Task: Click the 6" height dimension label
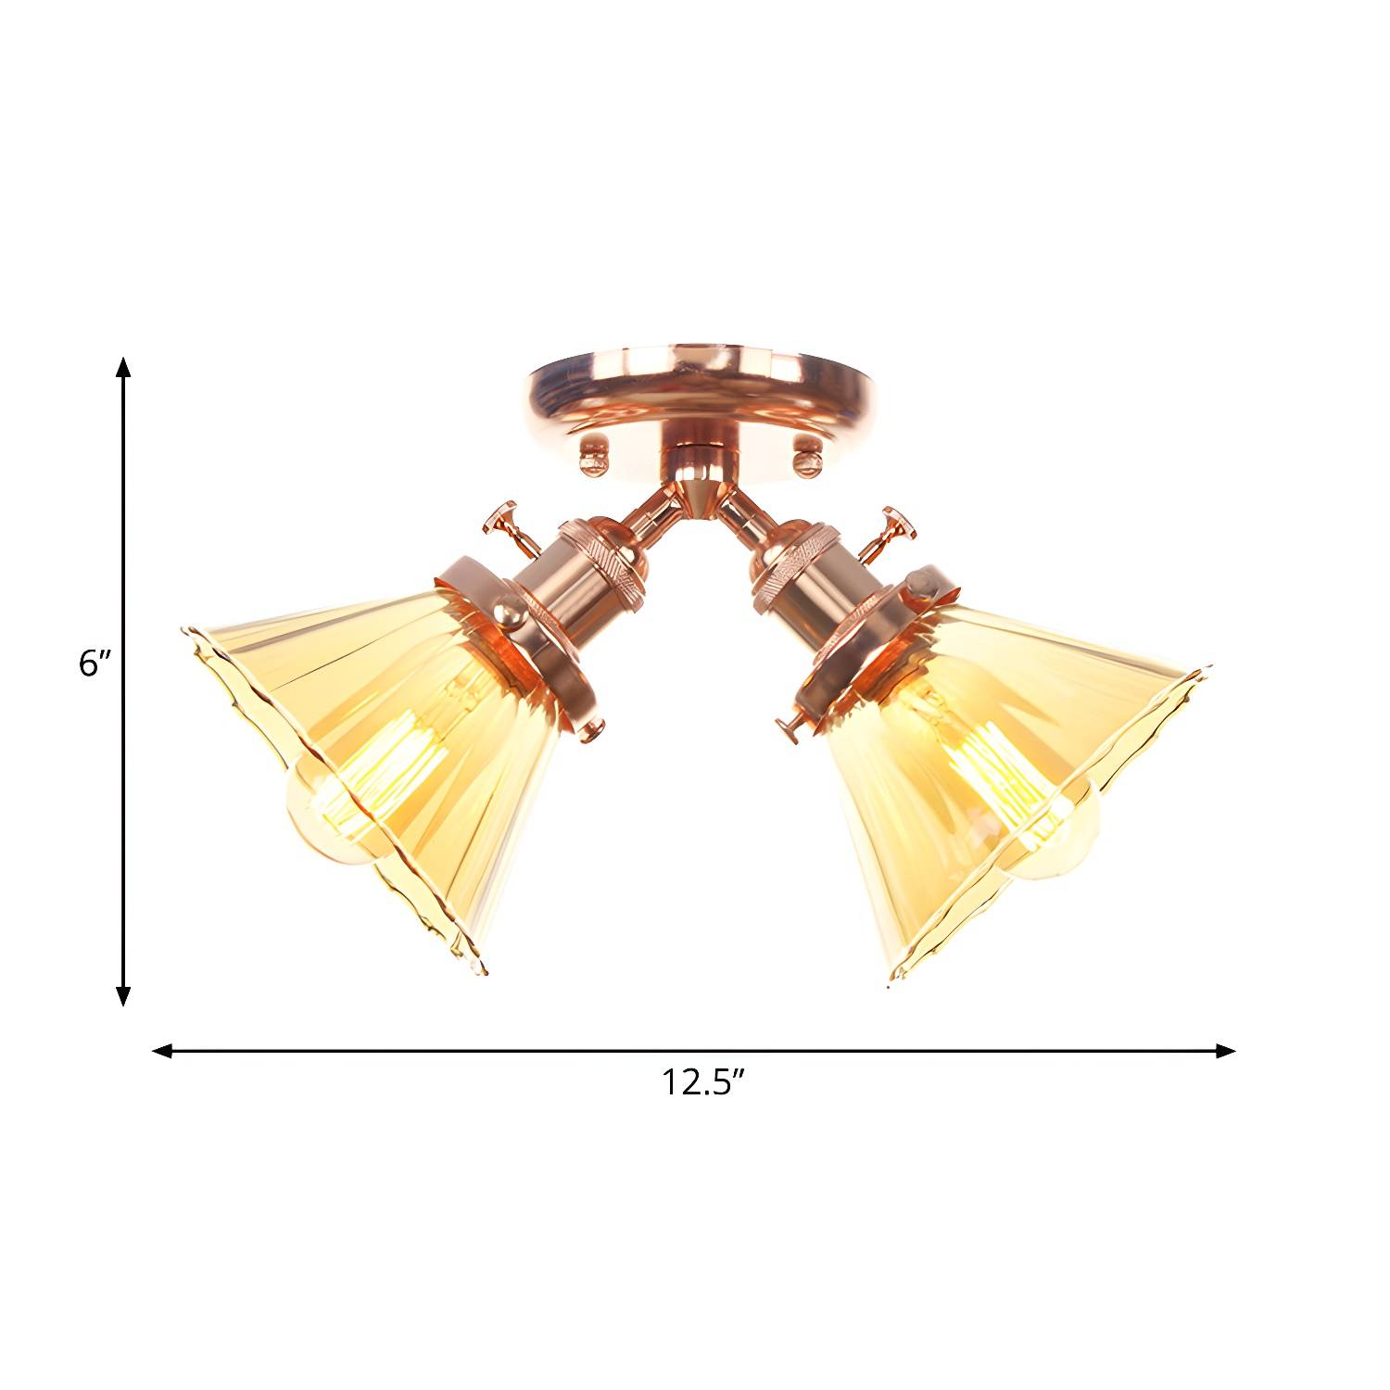[x=95, y=664]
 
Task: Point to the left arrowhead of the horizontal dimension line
[x=163, y=1050]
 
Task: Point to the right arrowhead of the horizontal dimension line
[x=1225, y=1050]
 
